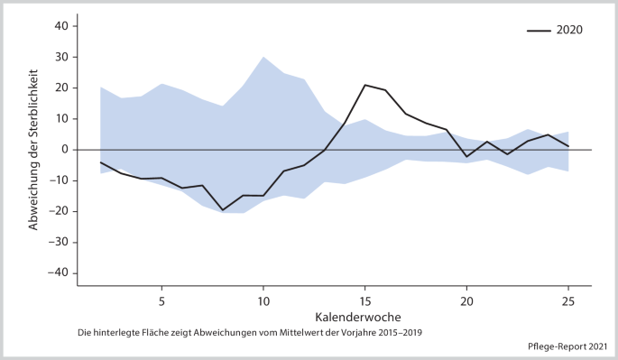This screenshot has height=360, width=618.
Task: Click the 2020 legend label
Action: [569, 30]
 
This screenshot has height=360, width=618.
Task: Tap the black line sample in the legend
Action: [540, 30]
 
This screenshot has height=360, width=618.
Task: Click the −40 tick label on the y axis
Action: [60, 273]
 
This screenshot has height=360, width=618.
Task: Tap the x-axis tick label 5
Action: [161, 300]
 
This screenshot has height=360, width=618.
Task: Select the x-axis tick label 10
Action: [263, 300]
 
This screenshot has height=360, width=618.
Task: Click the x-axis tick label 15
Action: [365, 300]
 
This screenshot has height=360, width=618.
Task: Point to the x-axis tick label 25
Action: [568, 300]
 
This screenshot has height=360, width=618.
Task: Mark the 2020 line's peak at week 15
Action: [365, 85]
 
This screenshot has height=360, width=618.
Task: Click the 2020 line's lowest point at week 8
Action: [223, 210]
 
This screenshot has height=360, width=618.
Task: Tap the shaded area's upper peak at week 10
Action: [263, 57]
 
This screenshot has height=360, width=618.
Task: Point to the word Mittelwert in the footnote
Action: [284, 333]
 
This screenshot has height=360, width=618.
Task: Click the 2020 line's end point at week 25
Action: [568, 146]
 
